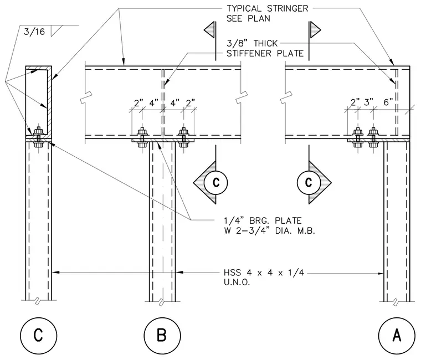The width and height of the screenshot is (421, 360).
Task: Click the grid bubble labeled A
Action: pos(397,335)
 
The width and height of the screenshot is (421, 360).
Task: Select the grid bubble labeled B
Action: pos(162,335)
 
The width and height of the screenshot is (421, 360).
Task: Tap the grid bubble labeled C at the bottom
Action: pos(39,335)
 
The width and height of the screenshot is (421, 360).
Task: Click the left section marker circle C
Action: pos(216,183)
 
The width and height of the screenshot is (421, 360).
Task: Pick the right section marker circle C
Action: pos(309,183)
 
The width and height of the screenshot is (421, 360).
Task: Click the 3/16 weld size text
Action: pos(34,32)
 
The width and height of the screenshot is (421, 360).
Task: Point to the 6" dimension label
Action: pos(388,102)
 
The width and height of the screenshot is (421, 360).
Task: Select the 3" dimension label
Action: pos(368,102)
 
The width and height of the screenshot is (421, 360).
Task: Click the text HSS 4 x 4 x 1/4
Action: pos(264,272)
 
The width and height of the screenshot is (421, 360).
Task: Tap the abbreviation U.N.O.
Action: pos(237,282)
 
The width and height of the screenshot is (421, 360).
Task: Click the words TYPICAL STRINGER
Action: pos(268,9)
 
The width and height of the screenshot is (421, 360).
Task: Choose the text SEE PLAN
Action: pos(248,18)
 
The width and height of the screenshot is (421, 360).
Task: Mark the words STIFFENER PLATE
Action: pos(265,53)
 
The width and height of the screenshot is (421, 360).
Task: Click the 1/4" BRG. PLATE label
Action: pos(263,220)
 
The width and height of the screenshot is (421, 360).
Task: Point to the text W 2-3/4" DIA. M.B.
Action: pos(269,230)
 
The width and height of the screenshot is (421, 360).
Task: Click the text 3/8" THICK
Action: pos(252,43)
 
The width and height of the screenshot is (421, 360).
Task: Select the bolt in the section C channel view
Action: pos(39,137)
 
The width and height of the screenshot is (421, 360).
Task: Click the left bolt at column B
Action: pos(142,137)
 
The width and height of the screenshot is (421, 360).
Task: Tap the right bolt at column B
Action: pos(184,137)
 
